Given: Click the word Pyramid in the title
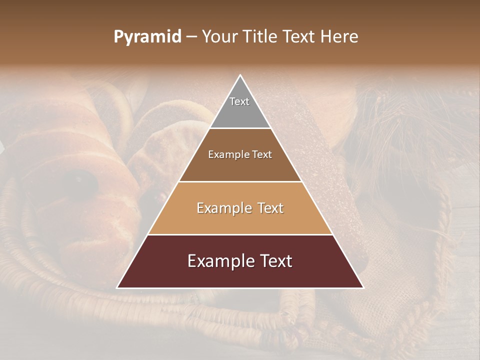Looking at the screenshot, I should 147,37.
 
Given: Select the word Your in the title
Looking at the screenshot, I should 218,37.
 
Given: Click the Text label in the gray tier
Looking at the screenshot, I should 239,101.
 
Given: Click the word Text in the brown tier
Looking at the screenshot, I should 262,155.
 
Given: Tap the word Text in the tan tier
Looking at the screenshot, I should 269,208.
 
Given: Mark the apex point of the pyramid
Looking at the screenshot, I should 240,75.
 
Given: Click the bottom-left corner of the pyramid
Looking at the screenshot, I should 117,287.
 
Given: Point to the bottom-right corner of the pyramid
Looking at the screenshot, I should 363,287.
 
